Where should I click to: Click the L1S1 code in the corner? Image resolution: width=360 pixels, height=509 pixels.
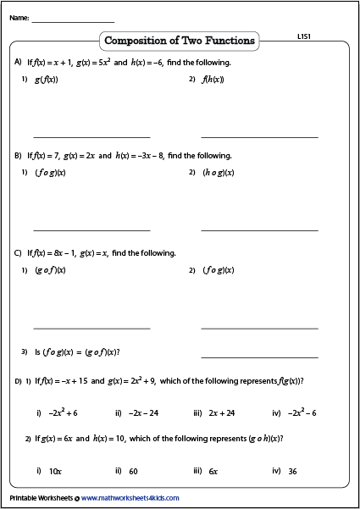pos(306,37)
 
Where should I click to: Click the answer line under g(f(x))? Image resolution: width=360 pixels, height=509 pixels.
pos(91,136)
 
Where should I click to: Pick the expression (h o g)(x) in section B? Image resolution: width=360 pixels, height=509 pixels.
pos(218,173)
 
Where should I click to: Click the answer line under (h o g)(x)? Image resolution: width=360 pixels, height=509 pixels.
pos(259,230)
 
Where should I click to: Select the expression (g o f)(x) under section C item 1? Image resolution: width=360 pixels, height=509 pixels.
pos(50,270)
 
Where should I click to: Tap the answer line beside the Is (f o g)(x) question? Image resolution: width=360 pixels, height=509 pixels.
pos(259,357)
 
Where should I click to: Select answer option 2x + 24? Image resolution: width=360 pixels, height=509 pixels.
pos(220,412)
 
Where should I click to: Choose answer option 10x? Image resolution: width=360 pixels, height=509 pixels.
pos(55,471)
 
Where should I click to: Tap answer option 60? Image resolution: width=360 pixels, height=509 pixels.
pos(133,471)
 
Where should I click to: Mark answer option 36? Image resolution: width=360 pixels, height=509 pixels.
pos(292,471)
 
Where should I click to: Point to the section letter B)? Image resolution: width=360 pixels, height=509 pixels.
pos(19,156)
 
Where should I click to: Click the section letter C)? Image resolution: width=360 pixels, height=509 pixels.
pos(19,253)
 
